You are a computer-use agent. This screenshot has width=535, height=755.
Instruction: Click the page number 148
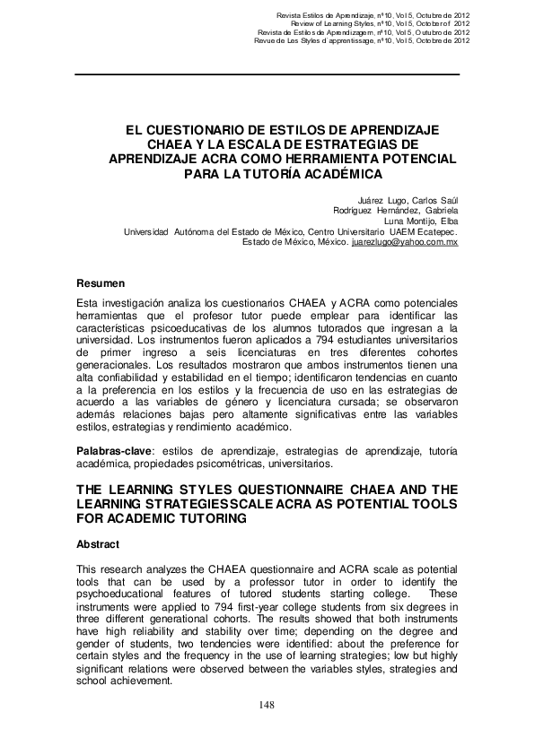267,705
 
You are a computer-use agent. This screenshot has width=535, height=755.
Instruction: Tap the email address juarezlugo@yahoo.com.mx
405,242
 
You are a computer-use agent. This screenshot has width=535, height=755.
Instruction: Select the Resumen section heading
100,282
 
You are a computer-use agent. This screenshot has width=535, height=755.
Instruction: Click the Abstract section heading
98,544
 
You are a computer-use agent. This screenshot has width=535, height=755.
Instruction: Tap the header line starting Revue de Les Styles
362,40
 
